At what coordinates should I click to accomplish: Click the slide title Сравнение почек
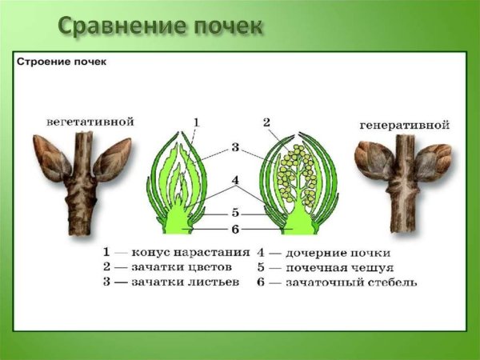tap(160, 26)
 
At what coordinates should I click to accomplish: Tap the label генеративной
tap(404, 126)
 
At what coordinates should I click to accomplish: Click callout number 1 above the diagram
tap(195, 122)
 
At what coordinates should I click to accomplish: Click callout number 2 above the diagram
tap(266, 122)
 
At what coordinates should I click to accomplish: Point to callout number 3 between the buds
tap(235, 146)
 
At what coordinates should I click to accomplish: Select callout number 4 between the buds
tap(235, 181)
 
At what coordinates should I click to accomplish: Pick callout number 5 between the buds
tap(235, 214)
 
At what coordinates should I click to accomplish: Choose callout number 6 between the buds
tap(235, 230)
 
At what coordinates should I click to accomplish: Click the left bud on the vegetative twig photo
tap(50, 158)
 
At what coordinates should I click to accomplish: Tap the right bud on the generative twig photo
tap(433, 161)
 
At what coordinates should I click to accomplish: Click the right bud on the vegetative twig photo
tap(112, 158)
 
